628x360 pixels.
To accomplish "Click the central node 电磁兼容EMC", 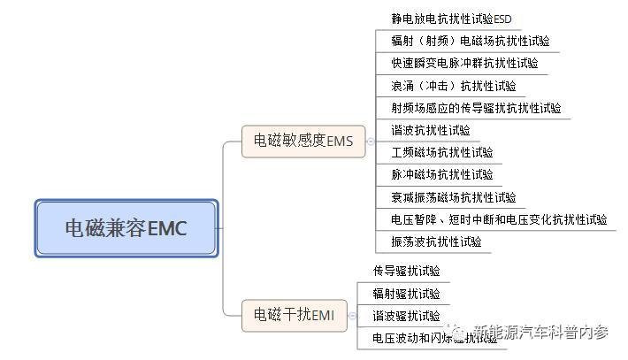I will pos(126,228).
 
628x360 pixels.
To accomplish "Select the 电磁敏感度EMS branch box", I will pos(303,141).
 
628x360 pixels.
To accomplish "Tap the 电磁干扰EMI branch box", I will pos(294,315).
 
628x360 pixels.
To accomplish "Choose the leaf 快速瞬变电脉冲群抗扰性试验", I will pos(464,63).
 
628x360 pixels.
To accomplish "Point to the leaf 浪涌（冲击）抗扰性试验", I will pos(453,86).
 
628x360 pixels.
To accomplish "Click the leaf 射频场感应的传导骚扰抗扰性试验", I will pos(476,108).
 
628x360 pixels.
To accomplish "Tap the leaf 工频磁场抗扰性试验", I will pos(442,152).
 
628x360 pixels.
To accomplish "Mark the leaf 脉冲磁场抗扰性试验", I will pos(442,174).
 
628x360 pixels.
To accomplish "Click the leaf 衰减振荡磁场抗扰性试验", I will pos(453,197).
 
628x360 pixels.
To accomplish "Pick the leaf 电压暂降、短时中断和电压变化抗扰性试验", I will pos(499,219).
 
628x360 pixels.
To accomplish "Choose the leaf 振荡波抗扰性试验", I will pos(436,241).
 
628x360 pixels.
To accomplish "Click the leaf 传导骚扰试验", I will pos(406,271).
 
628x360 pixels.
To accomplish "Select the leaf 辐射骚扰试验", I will pos(406,294).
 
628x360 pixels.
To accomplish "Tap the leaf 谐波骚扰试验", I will pos(406,316).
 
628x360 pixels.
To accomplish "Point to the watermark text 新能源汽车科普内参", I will pos(540,333).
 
